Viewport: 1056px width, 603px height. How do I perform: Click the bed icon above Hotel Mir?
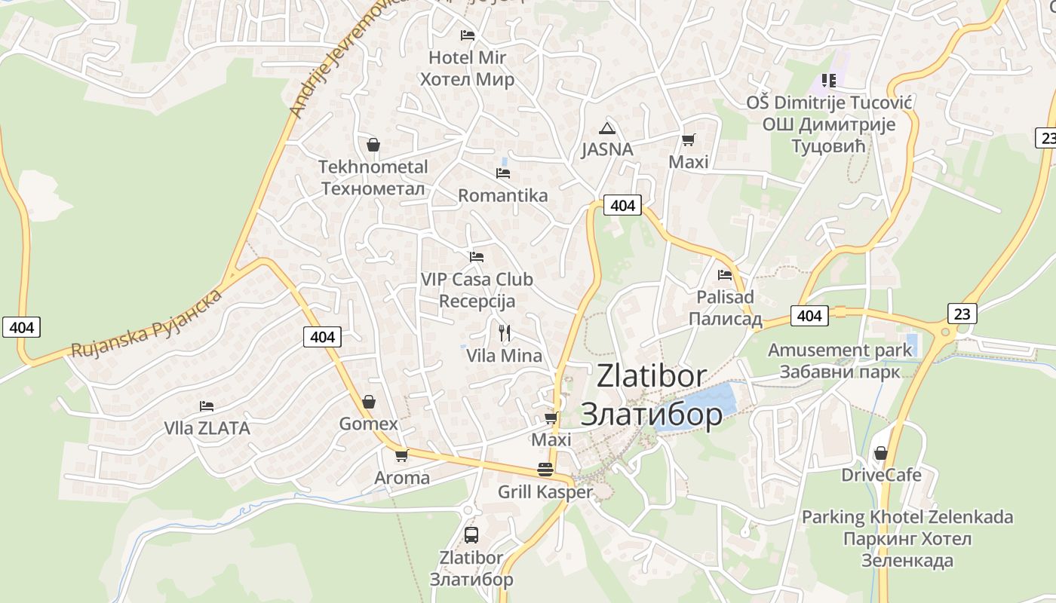[468, 35]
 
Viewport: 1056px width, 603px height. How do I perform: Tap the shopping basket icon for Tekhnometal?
[373, 144]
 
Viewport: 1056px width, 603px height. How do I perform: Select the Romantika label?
[503, 196]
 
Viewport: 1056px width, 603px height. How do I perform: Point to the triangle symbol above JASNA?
[607, 128]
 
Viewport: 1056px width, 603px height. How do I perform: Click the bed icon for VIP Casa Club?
[476, 257]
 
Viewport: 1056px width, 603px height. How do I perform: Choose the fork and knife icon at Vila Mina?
[505, 332]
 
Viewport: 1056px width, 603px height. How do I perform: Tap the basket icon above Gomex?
[369, 402]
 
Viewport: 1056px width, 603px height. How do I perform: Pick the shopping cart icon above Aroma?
[402, 455]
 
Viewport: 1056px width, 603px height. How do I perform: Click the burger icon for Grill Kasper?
[545, 470]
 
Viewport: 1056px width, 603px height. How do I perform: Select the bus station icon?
[471, 535]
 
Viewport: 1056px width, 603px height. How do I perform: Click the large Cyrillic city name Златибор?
[651, 414]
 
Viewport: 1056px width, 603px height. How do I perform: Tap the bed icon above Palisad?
[725, 275]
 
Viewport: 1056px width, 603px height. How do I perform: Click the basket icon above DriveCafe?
[880, 453]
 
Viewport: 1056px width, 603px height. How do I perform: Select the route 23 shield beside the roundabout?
[962, 314]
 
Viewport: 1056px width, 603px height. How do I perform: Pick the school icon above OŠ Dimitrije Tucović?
[829, 80]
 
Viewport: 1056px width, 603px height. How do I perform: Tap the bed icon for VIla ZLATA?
[207, 406]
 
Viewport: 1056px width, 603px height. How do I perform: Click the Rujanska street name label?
[147, 323]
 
